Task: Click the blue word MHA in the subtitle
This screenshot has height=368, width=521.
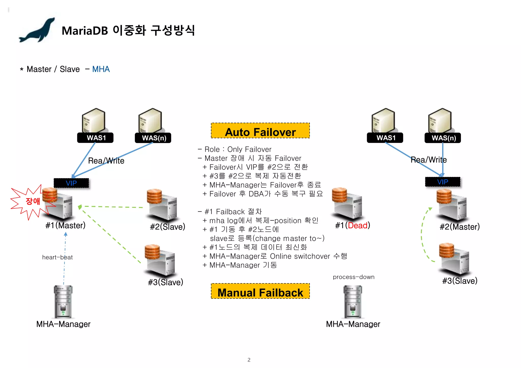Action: point(101,69)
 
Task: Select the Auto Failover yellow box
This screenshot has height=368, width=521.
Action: point(260,131)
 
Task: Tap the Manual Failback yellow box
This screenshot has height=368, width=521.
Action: point(260,291)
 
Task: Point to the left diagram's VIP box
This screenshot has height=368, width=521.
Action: point(71,183)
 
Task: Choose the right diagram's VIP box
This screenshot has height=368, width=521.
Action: point(443,182)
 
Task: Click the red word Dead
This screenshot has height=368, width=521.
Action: point(358,225)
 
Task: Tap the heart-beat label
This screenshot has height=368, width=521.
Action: point(57,257)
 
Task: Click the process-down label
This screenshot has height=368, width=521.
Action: point(354,277)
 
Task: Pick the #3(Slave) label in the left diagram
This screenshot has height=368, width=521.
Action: point(166,282)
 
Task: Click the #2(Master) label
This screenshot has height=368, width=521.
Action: point(459,227)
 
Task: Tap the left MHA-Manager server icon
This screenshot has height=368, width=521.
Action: point(63,302)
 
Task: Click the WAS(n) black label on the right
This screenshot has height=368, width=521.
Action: point(443,138)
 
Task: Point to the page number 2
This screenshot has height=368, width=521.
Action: point(249,360)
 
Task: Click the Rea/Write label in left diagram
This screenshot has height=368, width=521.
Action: point(106,161)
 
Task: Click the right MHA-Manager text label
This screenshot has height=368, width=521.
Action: point(353,324)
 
